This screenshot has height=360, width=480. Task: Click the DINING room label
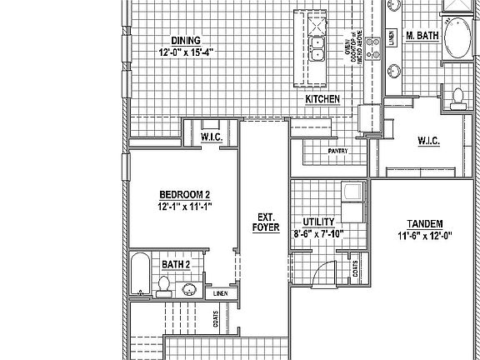186,41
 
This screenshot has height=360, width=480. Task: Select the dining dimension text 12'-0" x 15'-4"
186,52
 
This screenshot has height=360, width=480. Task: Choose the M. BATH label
421,37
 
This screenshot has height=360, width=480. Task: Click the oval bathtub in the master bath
456,38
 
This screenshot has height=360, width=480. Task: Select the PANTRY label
337,151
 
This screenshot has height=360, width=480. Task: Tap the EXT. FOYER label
265,222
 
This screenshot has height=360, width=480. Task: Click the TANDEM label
424,223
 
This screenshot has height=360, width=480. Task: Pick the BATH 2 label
176,264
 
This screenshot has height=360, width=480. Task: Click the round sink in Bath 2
190,289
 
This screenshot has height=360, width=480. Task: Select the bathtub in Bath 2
139,274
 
